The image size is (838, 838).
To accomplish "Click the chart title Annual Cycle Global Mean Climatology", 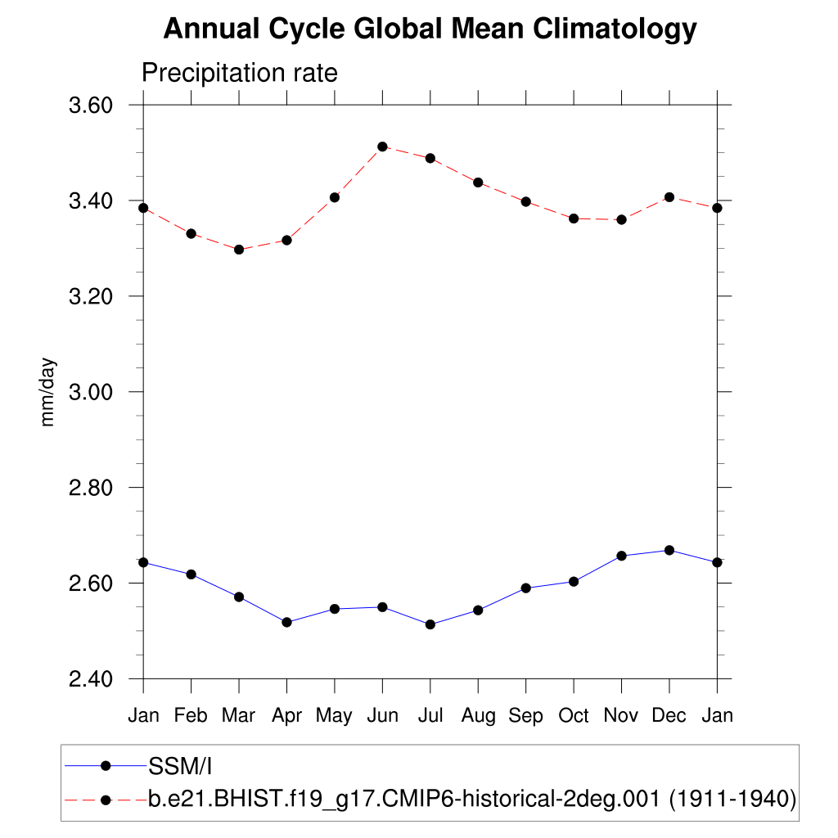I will (x=430, y=29).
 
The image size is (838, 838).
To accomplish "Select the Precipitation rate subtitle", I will (x=239, y=73).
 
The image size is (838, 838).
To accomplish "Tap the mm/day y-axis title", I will (x=48, y=391).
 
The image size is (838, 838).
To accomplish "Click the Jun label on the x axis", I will (x=382, y=716).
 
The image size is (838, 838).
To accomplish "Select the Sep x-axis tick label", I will (x=525, y=716).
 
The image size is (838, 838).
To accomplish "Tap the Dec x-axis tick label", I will (x=669, y=716).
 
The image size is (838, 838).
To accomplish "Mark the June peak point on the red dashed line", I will (x=382, y=146).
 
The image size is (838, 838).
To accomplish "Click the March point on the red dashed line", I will (x=239, y=250).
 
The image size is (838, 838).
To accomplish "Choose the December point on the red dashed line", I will (x=669, y=197).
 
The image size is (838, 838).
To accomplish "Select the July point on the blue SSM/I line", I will (x=430, y=624).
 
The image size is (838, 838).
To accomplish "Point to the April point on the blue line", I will (x=286, y=623).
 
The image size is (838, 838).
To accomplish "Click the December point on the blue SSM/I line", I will (x=669, y=550).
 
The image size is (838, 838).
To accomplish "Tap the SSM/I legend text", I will (x=181, y=766).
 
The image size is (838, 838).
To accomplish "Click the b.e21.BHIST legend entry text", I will (x=472, y=799).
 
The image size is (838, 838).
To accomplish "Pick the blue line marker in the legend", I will (x=106, y=766).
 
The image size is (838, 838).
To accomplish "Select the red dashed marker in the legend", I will (x=106, y=800).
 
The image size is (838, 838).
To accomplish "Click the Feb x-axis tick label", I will (x=191, y=716).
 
